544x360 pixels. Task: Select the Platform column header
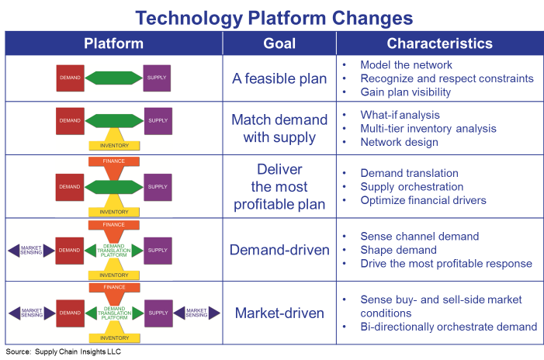(113, 43)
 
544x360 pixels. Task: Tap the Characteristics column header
(439, 43)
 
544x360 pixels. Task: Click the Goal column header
(279, 43)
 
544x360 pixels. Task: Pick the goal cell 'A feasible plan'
(279, 78)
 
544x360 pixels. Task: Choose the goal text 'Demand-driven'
(279, 250)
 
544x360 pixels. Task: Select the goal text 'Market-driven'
(279, 313)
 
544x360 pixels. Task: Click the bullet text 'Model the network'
(406, 64)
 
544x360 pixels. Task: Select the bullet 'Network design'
(399, 142)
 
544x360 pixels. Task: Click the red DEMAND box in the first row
(70, 78)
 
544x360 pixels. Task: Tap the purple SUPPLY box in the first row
(157, 78)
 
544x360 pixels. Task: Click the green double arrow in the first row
(113, 78)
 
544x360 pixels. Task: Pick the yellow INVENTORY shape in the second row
(113, 144)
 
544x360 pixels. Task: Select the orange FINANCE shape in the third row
(113, 162)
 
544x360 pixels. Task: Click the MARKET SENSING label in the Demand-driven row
(31, 250)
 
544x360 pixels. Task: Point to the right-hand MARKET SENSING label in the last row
(196, 313)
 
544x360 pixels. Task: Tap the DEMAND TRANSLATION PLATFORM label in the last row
(113, 313)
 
